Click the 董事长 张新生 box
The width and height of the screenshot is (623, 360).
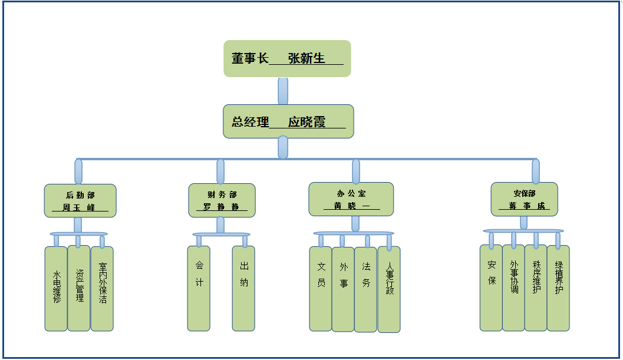[287, 58]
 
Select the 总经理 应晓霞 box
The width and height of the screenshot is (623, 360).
[288, 121]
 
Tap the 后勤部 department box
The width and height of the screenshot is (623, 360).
[80, 200]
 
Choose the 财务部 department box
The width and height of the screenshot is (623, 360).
[222, 200]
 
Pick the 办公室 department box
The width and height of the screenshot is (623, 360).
[351, 199]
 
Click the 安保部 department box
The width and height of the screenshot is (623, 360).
[524, 199]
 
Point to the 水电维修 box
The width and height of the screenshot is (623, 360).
[56, 288]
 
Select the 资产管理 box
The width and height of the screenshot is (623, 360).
[79, 288]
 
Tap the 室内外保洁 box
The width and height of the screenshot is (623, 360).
[102, 288]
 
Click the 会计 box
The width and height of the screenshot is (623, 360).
[199, 288]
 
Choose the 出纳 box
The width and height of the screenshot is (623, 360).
[243, 288]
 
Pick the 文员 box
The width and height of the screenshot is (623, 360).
[321, 288]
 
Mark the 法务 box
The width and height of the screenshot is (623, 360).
[365, 289]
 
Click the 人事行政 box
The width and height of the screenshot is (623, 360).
[389, 289]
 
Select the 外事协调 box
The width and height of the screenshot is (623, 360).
[513, 288]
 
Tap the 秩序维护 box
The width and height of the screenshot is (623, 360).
[536, 288]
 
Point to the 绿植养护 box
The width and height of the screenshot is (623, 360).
[558, 288]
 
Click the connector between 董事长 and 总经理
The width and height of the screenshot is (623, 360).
[283, 91]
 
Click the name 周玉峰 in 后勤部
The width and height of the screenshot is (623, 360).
[79, 207]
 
